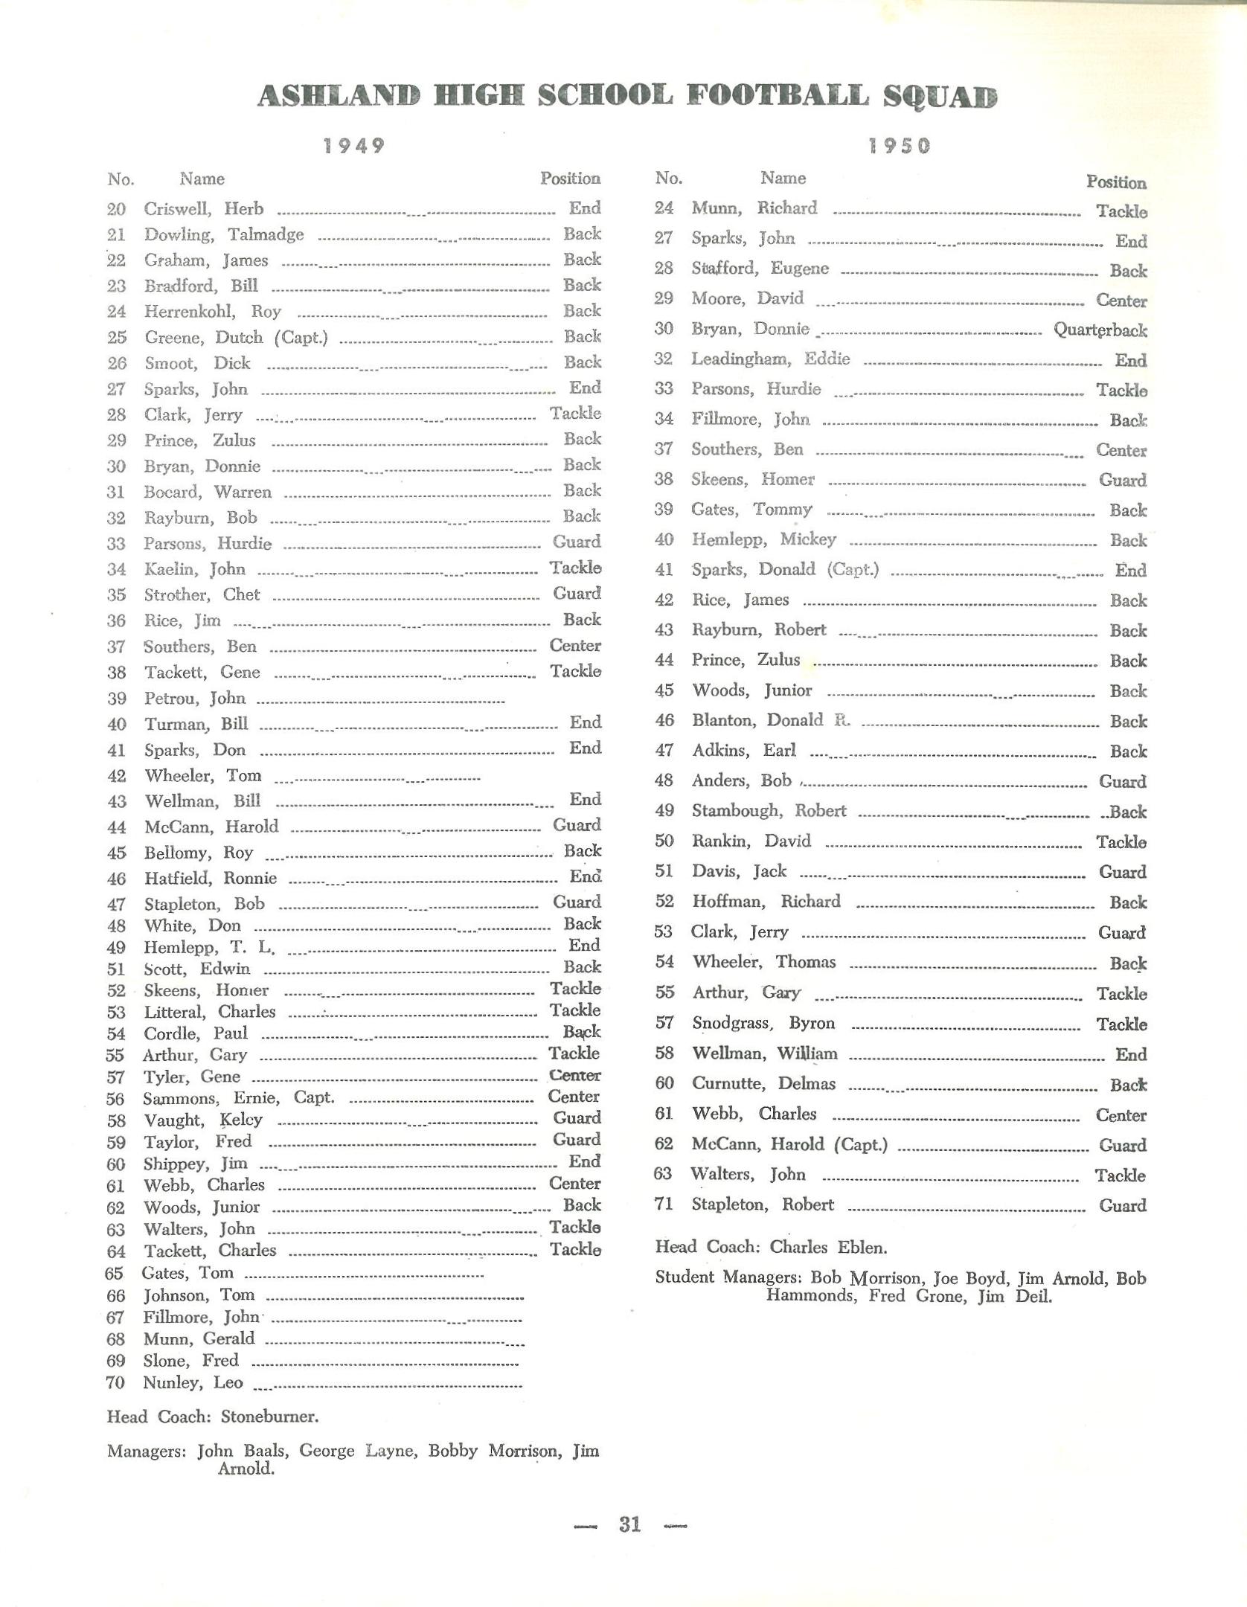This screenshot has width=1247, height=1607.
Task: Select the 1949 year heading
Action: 354,146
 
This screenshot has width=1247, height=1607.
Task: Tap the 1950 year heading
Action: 899,146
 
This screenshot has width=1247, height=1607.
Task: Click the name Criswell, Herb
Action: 204,209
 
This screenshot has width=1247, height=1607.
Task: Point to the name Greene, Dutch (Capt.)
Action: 237,338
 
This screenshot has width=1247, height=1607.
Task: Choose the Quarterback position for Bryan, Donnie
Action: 1100,330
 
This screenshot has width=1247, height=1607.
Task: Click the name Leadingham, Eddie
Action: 770,359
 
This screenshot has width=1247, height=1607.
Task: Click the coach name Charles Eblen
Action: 828,1247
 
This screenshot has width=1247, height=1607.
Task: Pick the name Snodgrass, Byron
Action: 763,1024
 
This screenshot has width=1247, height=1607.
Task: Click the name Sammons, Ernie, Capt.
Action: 239,1098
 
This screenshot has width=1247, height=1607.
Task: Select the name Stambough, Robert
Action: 769,811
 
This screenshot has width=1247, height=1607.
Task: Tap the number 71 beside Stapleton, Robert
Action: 664,1205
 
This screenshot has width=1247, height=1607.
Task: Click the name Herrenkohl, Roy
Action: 213,312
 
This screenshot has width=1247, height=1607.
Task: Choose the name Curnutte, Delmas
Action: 763,1084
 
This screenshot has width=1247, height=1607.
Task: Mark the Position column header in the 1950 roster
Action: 1115,182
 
